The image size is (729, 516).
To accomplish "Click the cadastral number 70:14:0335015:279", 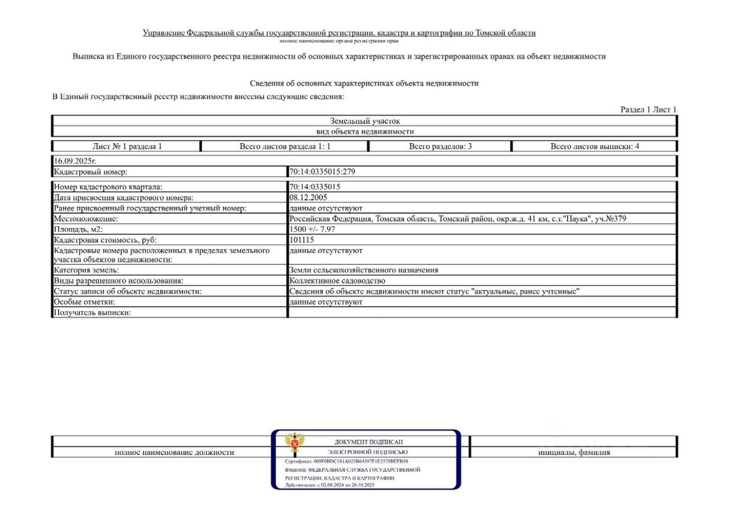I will tap(322, 172).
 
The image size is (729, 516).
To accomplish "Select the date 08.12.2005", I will tap(308, 197).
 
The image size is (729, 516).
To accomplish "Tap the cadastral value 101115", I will tap(301, 240).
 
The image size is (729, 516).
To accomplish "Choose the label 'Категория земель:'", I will tap(86, 270).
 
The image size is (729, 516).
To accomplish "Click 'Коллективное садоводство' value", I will tap(337, 281).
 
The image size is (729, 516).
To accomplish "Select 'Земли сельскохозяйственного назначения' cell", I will tap(363, 270).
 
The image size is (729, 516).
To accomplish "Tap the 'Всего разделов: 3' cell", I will tap(440, 147).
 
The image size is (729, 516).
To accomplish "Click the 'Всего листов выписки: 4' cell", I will tap(595, 147).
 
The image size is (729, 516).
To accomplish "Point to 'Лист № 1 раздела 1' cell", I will tap(127, 147).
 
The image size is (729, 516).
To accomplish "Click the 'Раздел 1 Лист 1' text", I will tap(648, 109).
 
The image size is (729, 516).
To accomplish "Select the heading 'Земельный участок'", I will tap(365, 121).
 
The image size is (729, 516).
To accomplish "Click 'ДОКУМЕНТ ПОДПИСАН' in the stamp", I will tap(368, 442).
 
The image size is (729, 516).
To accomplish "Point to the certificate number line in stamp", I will tap(346, 461).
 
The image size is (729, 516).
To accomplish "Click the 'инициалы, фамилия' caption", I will tap(574, 452).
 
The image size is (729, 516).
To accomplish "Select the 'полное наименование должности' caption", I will tap(174, 452).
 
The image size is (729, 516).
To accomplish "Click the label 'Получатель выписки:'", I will tap(92, 312).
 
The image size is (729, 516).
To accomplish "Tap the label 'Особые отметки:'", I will tap(84, 302).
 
